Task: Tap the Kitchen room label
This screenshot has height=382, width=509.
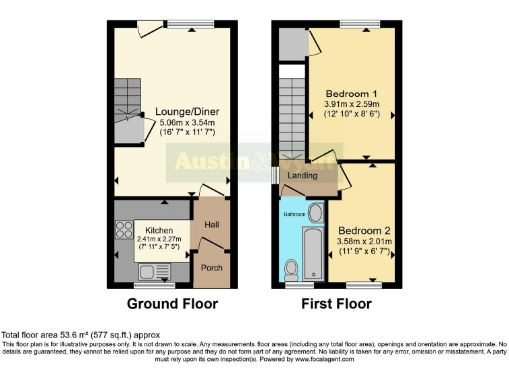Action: pyautogui.click(x=153, y=228)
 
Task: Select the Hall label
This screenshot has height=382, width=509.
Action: pyautogui.click(x=211, y=224)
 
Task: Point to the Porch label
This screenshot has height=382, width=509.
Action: pyautogui.click(x=212, y=267)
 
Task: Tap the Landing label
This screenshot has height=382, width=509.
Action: pyautogui.click(x=302, y=176)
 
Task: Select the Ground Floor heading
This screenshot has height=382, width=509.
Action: pyautogui.click(x=166, y=304)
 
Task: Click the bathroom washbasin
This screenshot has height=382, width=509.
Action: pyautogui.click(x=315, y=212)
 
